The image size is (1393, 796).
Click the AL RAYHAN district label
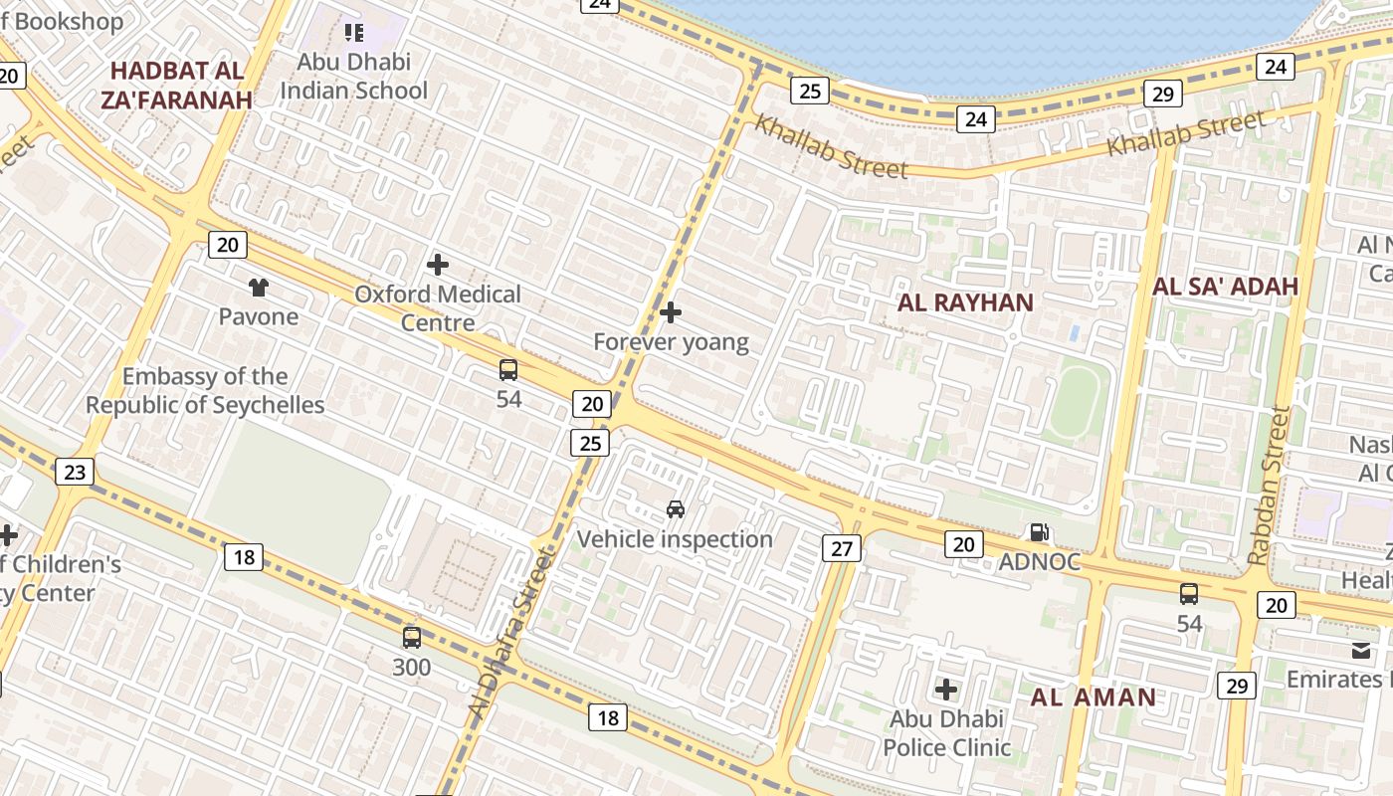(x=965, y=302)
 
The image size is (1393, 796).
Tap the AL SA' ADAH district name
(x=1225, y=287)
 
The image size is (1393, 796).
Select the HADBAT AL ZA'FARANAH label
(x=176, y=86)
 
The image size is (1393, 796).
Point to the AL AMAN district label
(x=1093, y=696)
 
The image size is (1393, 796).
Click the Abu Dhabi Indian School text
(x=353, y=76)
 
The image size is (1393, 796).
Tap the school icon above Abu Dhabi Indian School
(x=354, y=33)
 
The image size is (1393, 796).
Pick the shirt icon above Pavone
(x=259, y=289)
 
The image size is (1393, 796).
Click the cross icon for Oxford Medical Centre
(x=437, y=265)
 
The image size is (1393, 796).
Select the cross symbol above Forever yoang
(x=671, y=312)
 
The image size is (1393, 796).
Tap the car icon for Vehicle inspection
(x=675, y=509)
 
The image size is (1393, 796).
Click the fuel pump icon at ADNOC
(x=1039, y=533)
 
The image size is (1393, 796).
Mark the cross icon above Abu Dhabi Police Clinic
(x=946, y=689)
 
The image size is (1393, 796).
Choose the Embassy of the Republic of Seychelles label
(x=205, y=391)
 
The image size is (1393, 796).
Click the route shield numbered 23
(x=75, y=471)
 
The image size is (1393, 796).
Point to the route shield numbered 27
(x=842, y=547)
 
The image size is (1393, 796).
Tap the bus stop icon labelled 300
(x=411, y=637)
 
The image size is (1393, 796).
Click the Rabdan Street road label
(x=1270, y=486)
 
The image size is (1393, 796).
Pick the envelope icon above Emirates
(x=1360, y=651)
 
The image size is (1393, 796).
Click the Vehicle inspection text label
(x=675, y=539)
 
